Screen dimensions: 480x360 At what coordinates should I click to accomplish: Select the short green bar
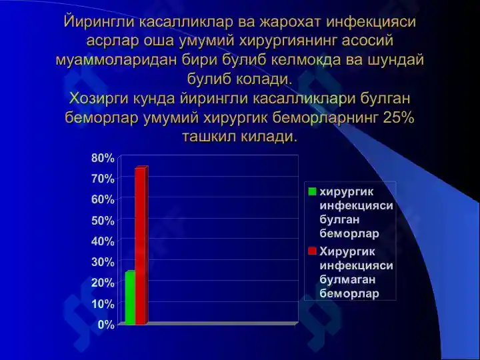(130, 297)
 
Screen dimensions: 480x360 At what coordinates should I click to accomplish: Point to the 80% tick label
(103, 158)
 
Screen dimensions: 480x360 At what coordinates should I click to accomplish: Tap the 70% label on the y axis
(103, 179)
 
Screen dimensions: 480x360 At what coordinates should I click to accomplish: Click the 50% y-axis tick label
(103, 221)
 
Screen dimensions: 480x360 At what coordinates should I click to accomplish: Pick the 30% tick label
(103, 262)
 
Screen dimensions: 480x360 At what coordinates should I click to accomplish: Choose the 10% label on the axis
(103, 304)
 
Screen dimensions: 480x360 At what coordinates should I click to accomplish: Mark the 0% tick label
(106, 325)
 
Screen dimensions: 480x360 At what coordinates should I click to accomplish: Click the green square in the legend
(312, 191)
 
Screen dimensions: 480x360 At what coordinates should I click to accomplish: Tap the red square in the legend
(312, 251)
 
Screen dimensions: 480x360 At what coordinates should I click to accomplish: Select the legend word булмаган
(347, 279)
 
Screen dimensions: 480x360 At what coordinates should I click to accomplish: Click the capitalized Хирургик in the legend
(347, 251)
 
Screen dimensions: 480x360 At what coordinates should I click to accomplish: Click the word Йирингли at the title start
(99, 22)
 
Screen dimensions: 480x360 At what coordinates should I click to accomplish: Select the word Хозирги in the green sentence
(99, 99)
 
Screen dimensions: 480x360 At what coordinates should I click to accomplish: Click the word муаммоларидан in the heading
(116, 60)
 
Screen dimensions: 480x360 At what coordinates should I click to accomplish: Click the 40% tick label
(103, 241)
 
